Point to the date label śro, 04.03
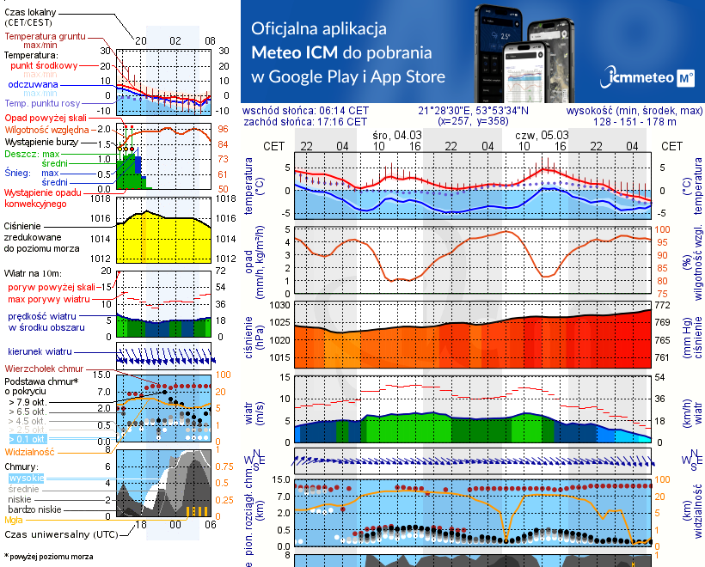(x=397, y=136)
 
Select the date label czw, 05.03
(x=542, y=136)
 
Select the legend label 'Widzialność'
(x=30, y=451)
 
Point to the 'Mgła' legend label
(x=14, y=520)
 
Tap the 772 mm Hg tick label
(x=664, y=306)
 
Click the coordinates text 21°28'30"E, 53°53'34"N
(x=473, y=111)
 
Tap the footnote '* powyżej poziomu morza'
(x=48, y=557)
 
